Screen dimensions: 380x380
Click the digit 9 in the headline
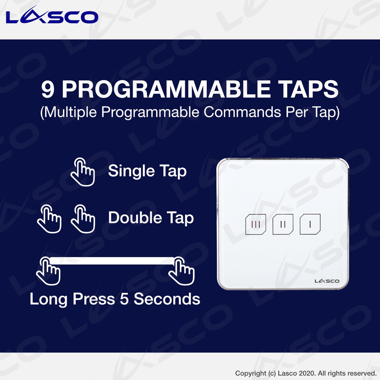pos(47,89)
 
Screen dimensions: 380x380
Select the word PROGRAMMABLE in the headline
pos(166,89)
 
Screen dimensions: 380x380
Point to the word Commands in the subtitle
pos(242,112)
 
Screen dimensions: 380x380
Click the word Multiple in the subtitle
pos(70,112)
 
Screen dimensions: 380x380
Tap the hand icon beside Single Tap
pos(83,172)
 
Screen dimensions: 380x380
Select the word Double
pos(135,217)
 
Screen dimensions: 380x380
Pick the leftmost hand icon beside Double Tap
pos(49,219)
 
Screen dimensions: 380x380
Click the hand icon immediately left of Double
pos(83,219)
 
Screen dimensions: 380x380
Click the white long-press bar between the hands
pos(112,261)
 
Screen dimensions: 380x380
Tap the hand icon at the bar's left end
pos(48,271)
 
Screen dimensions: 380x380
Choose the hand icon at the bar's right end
pos(181,271)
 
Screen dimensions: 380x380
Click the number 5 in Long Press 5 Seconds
pos(124,299)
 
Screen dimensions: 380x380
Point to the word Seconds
pos(167,299)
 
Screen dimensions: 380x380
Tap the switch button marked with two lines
pos(283,225)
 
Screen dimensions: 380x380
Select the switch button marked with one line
pos(310,224)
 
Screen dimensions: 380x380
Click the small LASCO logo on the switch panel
pos(327,281)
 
